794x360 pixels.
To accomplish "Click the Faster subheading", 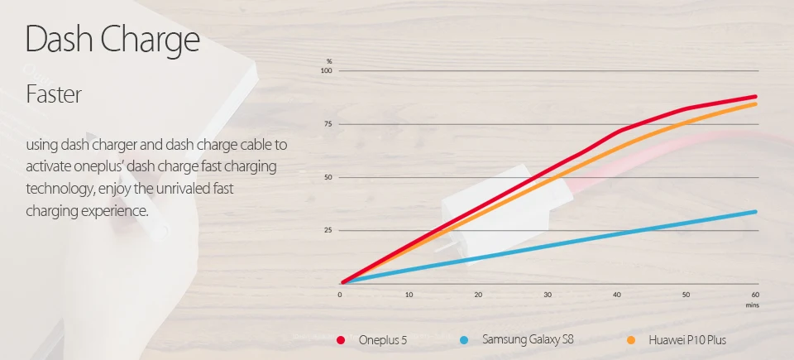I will point(54,94).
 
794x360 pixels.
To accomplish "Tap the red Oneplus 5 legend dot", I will point(341,340).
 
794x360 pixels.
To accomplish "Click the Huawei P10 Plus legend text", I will point(688,340).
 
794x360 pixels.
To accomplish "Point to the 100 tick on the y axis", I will point(326,71).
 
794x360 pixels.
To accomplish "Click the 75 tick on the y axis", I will point(328,124).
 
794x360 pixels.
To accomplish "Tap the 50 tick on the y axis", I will point(328,177).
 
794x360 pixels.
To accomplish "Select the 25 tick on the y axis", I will point(328,230).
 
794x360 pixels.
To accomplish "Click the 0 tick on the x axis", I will point(340,295).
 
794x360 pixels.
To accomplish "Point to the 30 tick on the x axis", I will point(548,295).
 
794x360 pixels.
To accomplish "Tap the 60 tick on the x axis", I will point(754,295).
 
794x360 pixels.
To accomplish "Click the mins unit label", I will point(752,305).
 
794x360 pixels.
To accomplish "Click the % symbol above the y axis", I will point(329,61).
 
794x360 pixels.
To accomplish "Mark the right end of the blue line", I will point(755,212).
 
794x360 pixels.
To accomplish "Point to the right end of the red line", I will point(755,97).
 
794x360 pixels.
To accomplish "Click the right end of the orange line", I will point(755,103).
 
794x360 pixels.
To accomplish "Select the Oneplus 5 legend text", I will point(383,340).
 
